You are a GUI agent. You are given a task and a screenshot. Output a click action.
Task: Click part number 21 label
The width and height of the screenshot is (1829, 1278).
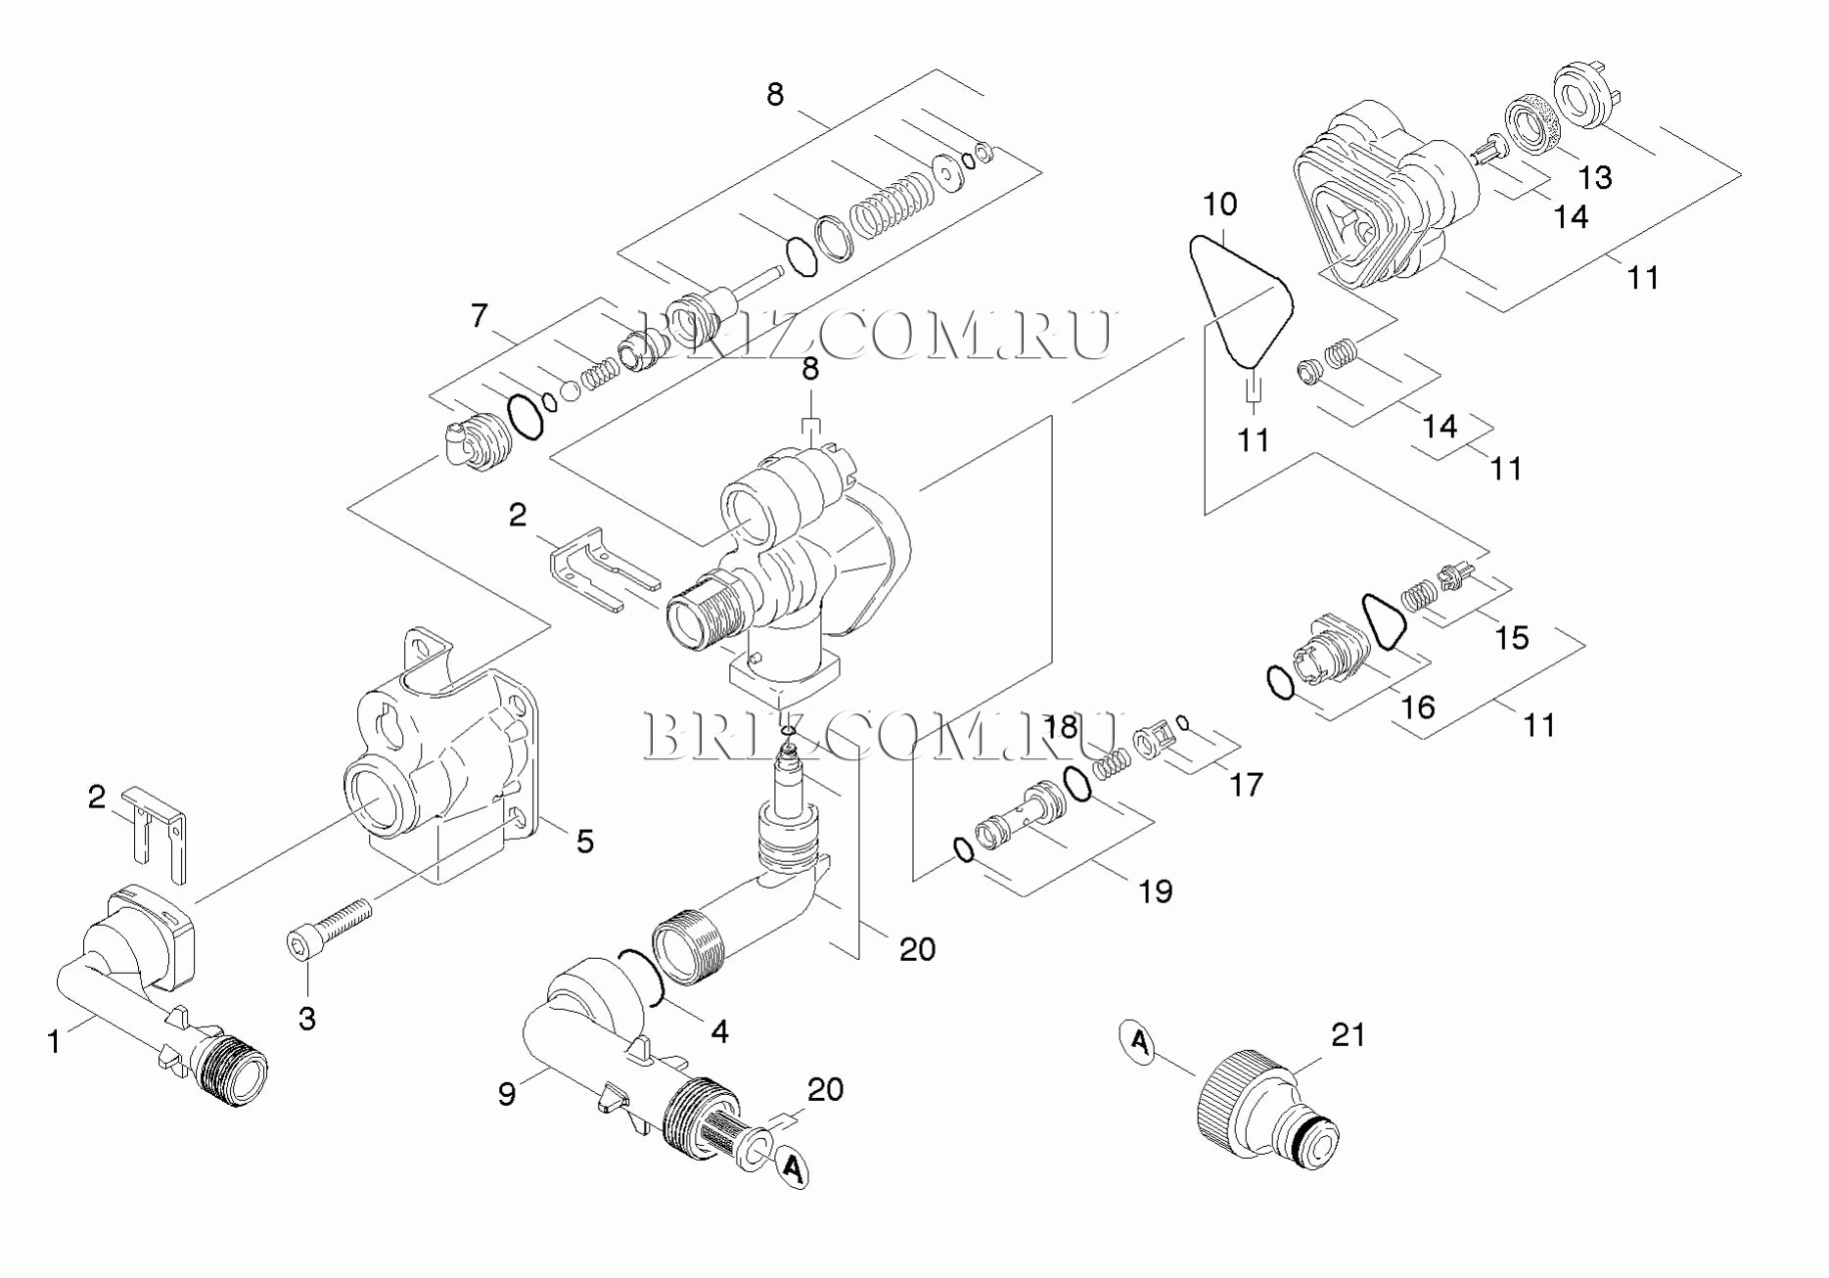click(x=1348, y=1034)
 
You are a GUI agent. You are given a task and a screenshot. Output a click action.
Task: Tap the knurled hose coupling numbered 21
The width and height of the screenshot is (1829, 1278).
click(x=1267, y=1113)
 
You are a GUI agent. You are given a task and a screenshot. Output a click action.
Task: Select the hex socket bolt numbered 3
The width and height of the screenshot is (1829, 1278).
click(x=330, y=925)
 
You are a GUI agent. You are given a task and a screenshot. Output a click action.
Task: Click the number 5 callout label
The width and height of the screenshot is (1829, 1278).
click(x=584, y=842)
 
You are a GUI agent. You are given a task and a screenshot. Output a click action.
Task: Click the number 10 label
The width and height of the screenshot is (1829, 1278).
click(x=1219, y=205)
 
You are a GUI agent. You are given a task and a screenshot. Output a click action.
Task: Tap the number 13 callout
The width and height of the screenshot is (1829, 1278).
click(x=1595, y=177)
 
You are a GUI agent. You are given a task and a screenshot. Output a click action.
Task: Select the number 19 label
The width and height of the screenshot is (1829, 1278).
click(x=1156, y=890)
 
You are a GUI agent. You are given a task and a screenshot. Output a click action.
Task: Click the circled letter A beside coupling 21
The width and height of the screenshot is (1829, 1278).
click(x=1138, y=1041)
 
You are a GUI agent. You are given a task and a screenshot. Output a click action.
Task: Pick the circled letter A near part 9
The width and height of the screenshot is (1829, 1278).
click(x=793, y=1166)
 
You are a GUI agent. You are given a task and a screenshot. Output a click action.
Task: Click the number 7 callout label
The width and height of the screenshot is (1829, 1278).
click(x=479, y=316)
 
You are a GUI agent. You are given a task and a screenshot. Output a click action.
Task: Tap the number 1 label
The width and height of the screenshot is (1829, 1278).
click(x=55, y=1042)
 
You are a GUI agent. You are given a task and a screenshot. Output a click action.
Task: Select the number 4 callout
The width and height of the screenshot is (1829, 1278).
click(x=719, y=1030)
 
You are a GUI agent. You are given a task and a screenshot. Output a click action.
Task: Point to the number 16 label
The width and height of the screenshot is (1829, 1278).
click(x=1418, y=707)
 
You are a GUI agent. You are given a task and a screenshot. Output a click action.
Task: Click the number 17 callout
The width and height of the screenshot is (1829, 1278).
click(x=1246, y=784)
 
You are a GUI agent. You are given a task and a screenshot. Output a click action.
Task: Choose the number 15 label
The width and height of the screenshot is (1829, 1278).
click(x=1512, y=637)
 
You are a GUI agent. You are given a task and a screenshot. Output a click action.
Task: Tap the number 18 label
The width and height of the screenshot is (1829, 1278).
click(x=1061, y=727)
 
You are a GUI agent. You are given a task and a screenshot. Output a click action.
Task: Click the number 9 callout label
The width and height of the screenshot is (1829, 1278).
click(x=506, y=1093)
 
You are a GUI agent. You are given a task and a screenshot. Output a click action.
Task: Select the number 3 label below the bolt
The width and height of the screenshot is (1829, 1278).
click(x=307, y=1019)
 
